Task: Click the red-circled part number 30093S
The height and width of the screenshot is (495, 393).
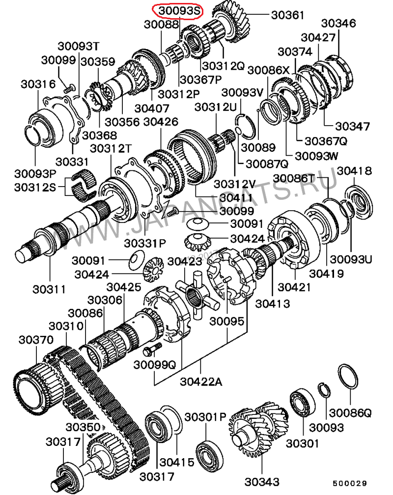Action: coord(179,11)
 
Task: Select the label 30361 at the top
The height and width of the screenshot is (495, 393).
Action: coord(287,15)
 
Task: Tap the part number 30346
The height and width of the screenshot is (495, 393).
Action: coord(338,23)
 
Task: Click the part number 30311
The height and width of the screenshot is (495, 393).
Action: coord(49,289)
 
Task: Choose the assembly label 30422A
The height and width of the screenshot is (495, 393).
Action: coord(201,382)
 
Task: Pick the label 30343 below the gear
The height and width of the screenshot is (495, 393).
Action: coord(262,482)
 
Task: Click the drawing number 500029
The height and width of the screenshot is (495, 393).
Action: coord(350,483)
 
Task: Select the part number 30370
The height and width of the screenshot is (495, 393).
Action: coord(36,340)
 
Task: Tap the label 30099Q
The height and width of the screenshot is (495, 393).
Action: coord(154,364)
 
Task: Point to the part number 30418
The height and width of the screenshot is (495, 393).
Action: coord(354,171)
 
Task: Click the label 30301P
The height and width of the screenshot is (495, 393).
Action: coord(205,417)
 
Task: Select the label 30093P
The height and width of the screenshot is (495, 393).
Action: coord(35,173)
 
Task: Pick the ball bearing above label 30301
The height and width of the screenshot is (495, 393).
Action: coord(302,403)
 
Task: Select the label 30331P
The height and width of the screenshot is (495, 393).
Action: coord(145,244)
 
